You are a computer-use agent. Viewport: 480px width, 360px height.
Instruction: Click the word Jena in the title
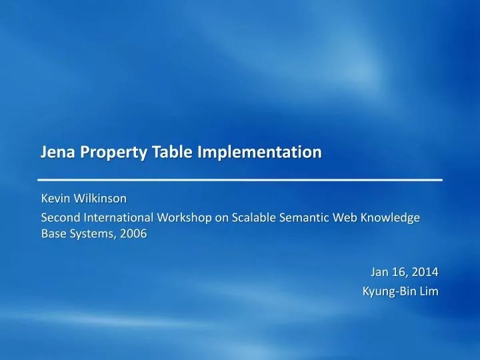point(57,152)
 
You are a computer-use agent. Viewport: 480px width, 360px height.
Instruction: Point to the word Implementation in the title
point(259,153)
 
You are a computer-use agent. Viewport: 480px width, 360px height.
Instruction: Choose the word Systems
point(89,234)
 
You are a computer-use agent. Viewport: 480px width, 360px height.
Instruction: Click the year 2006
point(133,234)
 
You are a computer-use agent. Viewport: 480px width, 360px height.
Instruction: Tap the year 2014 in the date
point(424,271)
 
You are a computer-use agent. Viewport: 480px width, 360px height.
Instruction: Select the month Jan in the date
point(380,271)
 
